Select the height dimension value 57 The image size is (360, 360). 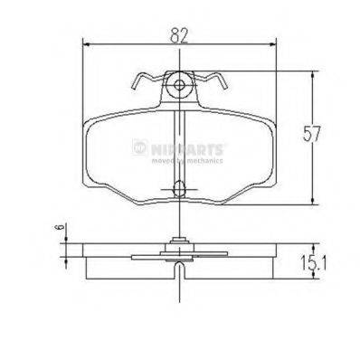click(312, 135)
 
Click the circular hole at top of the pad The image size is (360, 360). click(179, 88)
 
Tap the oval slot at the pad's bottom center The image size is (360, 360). click(179, 189)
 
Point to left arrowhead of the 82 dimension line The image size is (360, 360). click(87, 46)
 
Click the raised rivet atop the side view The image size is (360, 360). click(179, 242)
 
